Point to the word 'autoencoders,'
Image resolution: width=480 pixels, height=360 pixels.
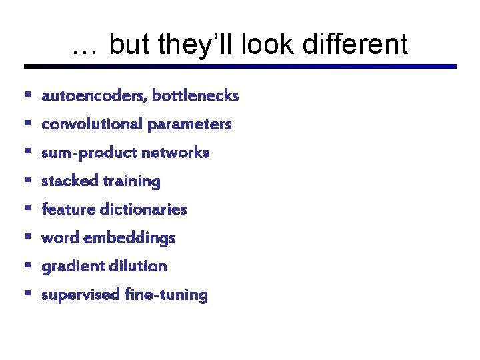click(95, 96)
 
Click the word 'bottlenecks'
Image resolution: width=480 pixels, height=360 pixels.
click(195, 96)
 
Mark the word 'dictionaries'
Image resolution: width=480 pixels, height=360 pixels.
click(143, 209)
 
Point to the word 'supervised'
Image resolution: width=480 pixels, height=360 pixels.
click(81, 295)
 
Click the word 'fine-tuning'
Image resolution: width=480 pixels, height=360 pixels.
click(166, 295)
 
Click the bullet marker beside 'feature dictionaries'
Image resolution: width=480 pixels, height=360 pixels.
click(27, 209)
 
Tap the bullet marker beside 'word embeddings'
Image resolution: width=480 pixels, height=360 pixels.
click(27, 237)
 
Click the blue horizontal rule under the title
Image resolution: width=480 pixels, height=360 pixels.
click(240, 66)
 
